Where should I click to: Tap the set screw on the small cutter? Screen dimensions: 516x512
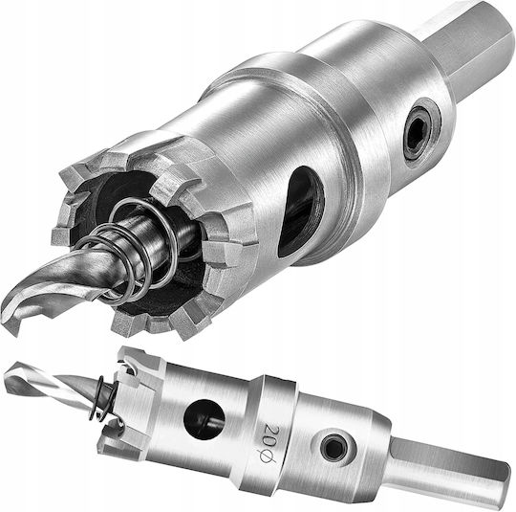coord(333,448)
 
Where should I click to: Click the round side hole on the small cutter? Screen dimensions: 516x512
coord(204,420)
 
